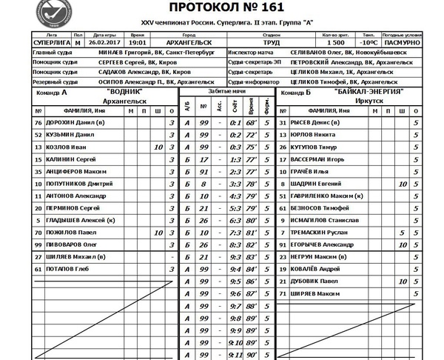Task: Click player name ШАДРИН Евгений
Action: tap(316, 184)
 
